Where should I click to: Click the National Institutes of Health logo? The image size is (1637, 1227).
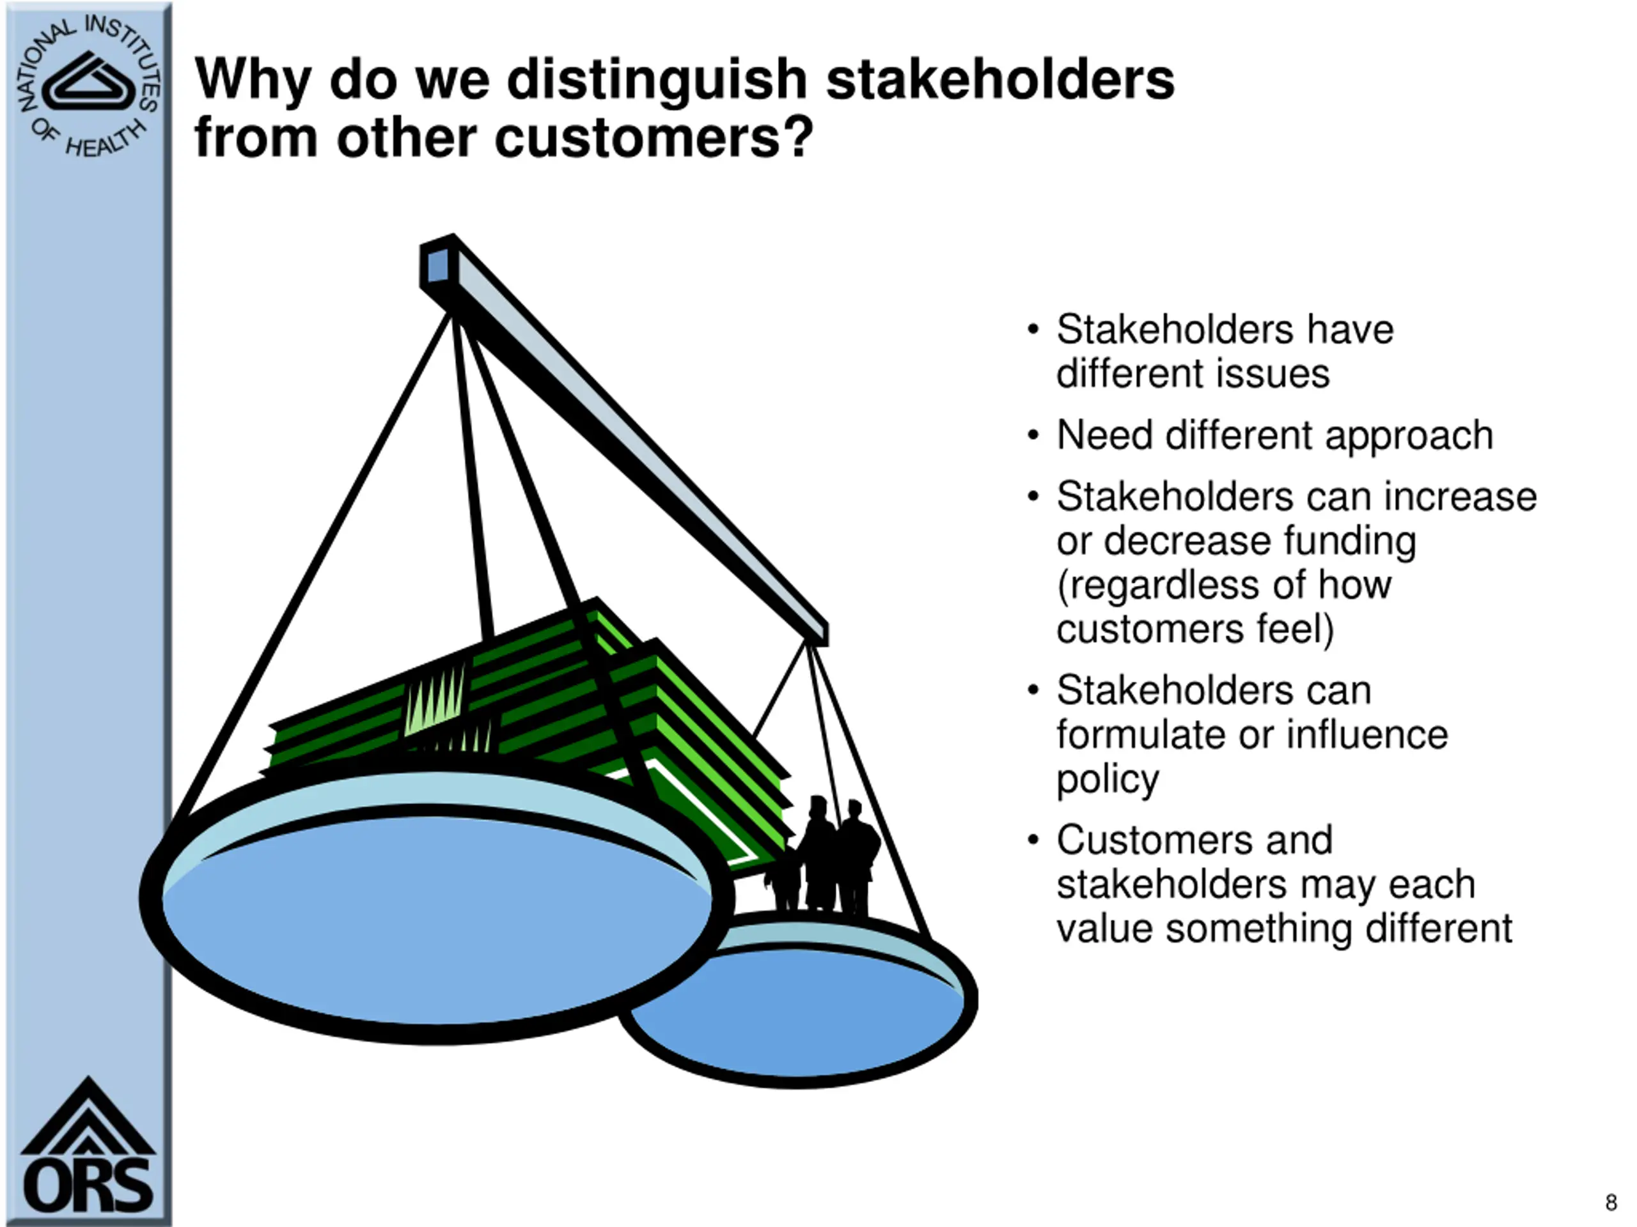point(88,86)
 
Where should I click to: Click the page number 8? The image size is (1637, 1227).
point(1610,1203)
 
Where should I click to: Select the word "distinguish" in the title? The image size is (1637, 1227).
point(657,80)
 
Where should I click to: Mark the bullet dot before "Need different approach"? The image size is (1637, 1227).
point(1033,436)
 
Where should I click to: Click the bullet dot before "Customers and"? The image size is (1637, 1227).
point(1033,841)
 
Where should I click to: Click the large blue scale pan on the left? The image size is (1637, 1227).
point(437,917)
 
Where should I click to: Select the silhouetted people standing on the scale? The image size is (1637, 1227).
point(829,858)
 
